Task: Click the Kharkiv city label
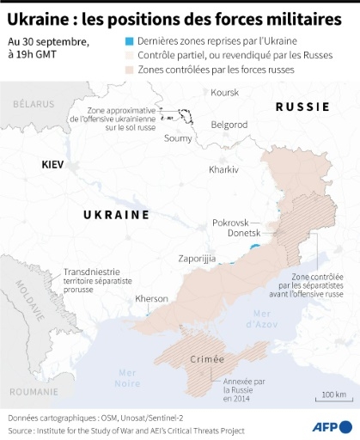223,169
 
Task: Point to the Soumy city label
178,137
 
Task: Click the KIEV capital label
56,162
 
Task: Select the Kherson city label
153,299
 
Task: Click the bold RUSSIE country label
302,107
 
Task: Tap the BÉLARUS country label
34,103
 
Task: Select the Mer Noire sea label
126,376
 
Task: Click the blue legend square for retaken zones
129,41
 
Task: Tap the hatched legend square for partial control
129,55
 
